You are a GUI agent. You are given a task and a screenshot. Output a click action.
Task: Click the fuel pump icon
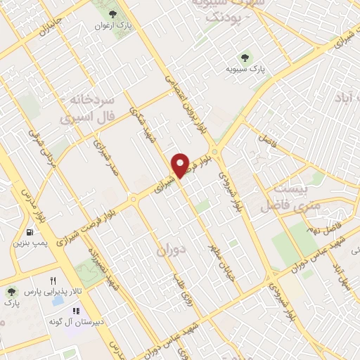tap(29, 232)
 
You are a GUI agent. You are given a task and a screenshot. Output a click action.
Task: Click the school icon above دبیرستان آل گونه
tap(76, 311)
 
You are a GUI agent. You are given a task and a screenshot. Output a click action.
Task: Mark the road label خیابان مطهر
tap(217, 260)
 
